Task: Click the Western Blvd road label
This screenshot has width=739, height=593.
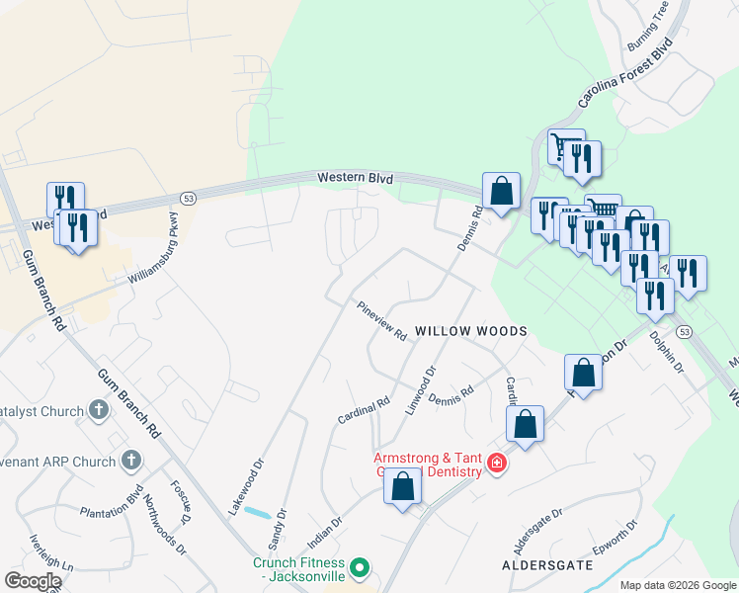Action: click(x=355, y=179)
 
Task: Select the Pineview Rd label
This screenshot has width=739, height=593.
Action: click(x=382, y=321)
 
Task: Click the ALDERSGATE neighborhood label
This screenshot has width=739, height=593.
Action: click(x=547, y=564)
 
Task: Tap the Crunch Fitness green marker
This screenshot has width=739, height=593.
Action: click(x=361, y=567)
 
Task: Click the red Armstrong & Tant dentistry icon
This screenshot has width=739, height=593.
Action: click(x=496, y=463)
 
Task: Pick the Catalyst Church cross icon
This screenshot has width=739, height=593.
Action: click(x=98, y=408)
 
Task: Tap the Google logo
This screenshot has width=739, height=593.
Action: click(x=33, y=581)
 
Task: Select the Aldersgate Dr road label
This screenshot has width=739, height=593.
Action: click(x=537, y=532)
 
